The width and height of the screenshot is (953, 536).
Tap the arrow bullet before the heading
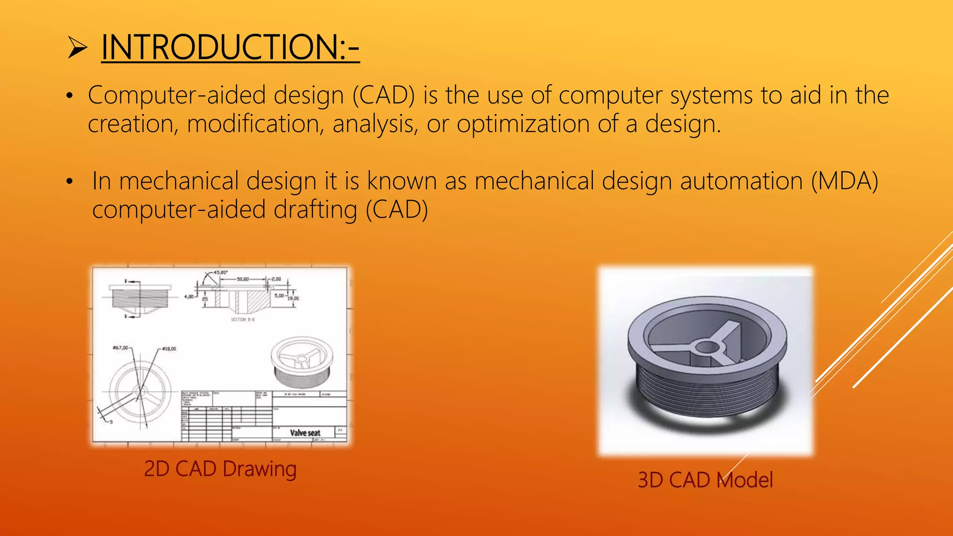click(77, 48)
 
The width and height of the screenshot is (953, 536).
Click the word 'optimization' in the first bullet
click(523, 124)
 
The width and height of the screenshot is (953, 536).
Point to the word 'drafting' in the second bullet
click(315, 209)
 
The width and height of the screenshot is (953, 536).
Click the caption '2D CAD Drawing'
click(220, 469)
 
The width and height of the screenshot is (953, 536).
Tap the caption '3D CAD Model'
click(705, 480)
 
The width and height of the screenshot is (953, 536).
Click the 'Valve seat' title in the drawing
click(305, 433)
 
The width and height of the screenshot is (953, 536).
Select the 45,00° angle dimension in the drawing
click(220, 272)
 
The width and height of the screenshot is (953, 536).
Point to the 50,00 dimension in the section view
click(243, 279)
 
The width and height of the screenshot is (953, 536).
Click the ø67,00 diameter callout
click(121, 348)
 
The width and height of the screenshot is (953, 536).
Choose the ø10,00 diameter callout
click(168, 348)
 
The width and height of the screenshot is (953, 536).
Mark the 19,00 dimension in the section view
click(293, 298)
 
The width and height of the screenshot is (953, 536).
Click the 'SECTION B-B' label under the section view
click(242, 320)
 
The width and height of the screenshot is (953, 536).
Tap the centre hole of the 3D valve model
click(707, 347)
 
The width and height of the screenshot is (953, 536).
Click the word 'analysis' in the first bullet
click(375, 124)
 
